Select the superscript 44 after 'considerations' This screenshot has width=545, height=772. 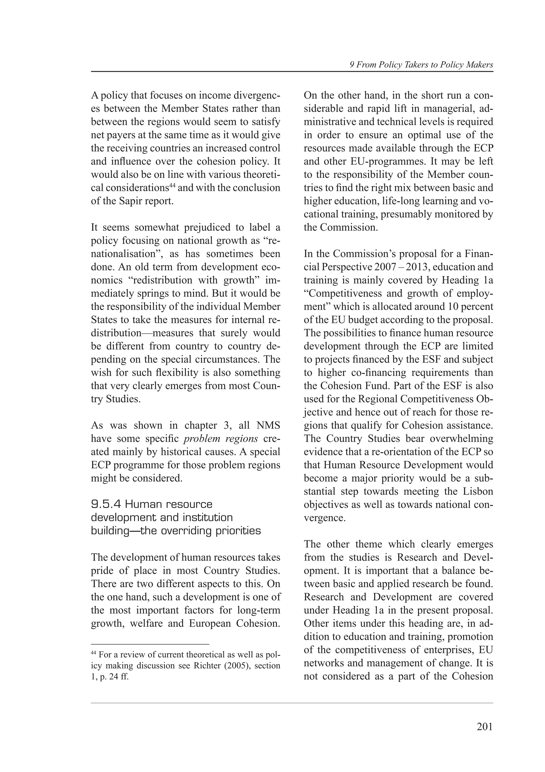click(172, 185)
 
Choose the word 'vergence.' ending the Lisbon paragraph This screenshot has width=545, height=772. click(324, 518)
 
